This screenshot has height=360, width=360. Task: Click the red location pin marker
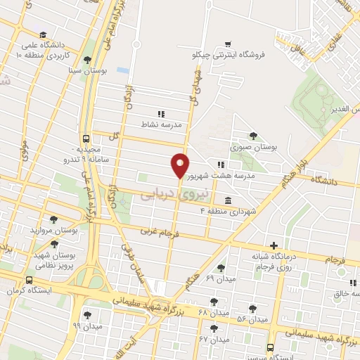click(x=180, y=165)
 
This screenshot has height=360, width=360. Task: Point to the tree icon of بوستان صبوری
click(x=253, y=136)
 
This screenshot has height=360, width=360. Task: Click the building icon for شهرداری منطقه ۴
click(x=227, y=200)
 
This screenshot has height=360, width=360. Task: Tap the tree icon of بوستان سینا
click(x=86, y=60)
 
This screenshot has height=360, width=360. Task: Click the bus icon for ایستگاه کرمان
click(x=9, y=280)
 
